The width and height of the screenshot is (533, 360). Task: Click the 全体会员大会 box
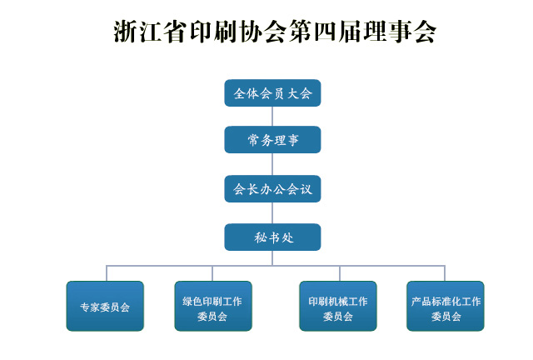pos(272,93)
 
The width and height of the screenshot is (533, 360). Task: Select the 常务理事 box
pos(272,140)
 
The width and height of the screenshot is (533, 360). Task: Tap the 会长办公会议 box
pos(272,189)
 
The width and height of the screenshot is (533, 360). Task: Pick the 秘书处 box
pos(272,237)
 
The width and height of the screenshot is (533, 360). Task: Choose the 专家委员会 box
pos(105,307)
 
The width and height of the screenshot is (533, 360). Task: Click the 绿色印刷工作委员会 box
pos(212,307)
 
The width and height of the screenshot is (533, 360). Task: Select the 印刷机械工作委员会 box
pos(338,307)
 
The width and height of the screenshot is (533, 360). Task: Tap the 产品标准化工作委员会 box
pos(446,307)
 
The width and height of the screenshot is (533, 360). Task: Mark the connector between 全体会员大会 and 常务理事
pos(272,116)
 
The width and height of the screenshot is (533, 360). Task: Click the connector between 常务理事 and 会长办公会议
pos(272,164)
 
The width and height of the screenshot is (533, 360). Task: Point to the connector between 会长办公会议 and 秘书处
pos(272,213)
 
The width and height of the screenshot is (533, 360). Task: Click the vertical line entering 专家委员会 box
pos(106,273)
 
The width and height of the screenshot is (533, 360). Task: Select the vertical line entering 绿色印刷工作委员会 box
pos(212,273)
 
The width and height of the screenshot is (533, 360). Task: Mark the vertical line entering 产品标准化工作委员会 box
pos(445,273)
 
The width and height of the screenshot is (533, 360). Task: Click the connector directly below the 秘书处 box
pos(272,257)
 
